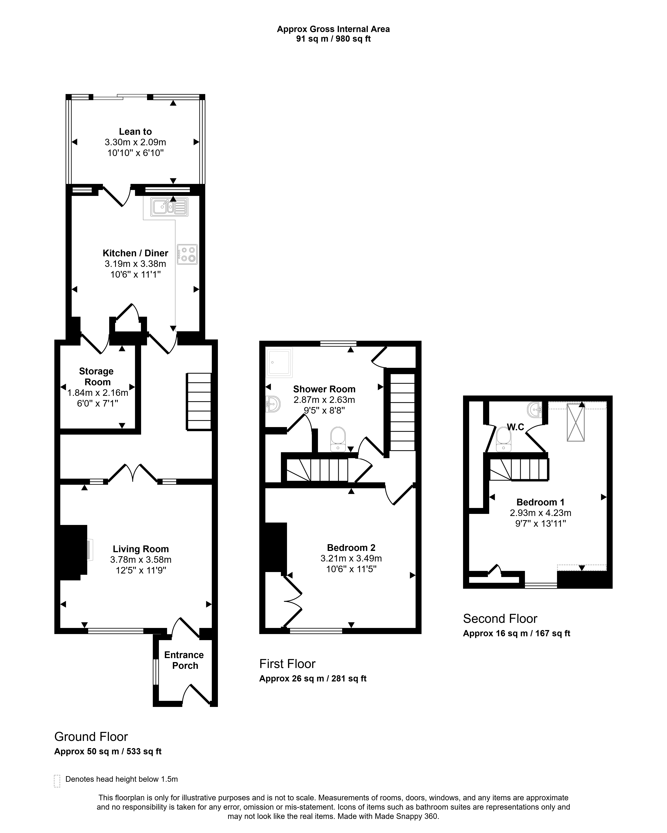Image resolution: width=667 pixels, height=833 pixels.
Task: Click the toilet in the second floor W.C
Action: point(503,439)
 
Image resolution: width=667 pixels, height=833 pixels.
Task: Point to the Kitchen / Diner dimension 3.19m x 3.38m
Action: point(135,264)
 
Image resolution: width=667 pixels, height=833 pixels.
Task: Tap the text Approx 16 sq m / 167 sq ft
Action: point(517,633)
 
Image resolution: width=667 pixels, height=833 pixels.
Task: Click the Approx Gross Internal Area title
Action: point(333,29)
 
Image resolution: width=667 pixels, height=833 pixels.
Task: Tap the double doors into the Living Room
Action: point(133,473)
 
